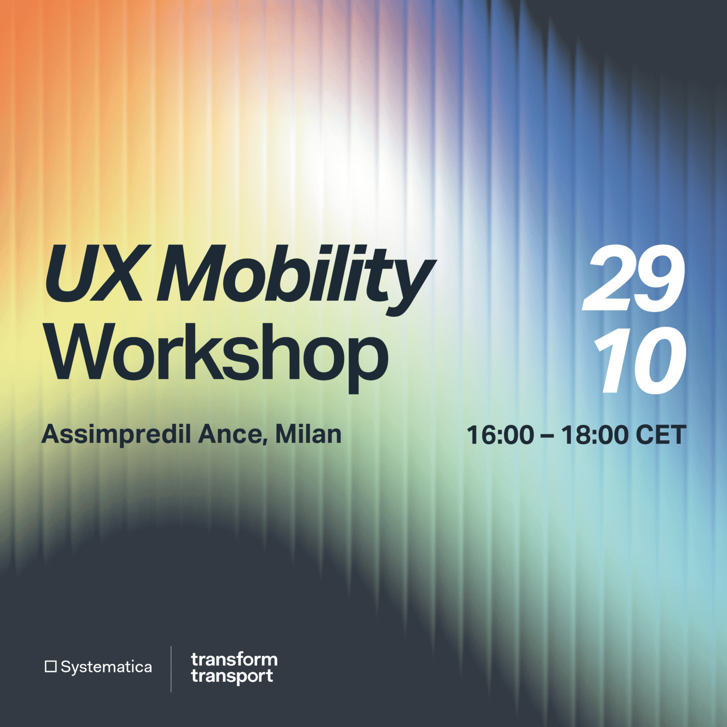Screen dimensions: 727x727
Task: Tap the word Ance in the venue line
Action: [x=231, y=435]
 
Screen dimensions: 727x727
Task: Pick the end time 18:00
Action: [x=594, y=435]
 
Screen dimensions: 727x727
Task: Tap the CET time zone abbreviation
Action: [x=660, y=435]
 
